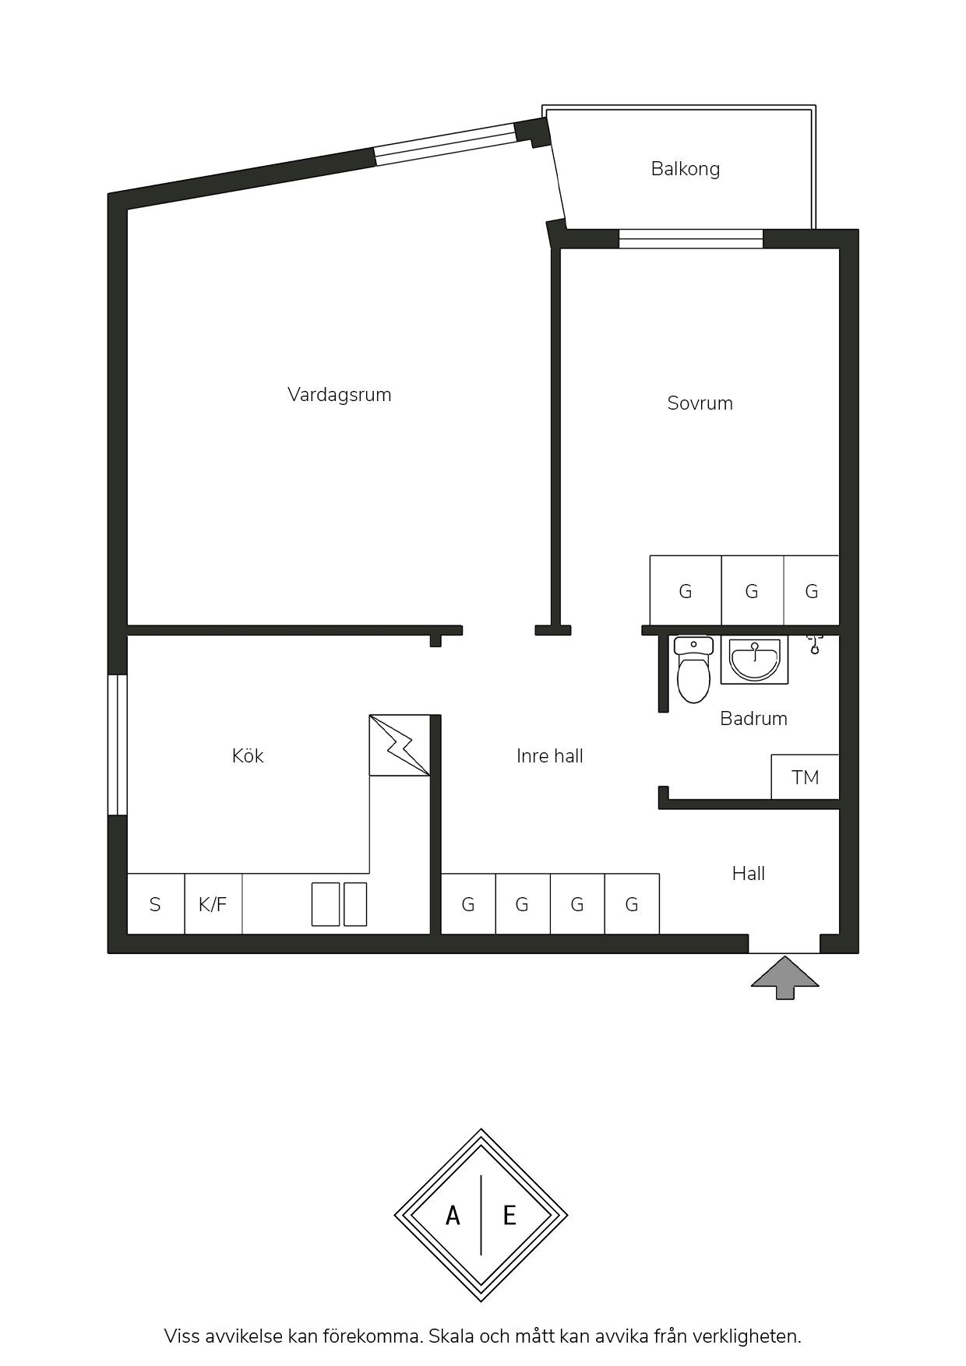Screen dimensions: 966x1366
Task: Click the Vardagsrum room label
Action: point(339,395)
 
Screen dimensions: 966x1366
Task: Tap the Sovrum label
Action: point(700,403)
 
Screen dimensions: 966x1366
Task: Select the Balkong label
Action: point(686,169)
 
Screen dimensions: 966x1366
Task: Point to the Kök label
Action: point(248,755)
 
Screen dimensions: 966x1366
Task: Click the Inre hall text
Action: point(550,755)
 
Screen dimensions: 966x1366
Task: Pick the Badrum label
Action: point(753,718)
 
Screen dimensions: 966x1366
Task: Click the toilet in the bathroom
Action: point(693,670)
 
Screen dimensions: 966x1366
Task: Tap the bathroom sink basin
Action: point(754,660)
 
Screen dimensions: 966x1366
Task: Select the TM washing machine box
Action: point(805,776)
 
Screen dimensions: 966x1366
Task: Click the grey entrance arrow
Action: point(785,977)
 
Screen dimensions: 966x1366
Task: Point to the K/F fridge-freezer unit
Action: point(213,903)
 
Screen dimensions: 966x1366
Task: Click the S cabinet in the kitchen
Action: point(155,903)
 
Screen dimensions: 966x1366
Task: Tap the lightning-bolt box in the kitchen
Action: point(400,745)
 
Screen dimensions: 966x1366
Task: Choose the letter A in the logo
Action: point(453,1215)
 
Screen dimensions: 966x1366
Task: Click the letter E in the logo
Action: point(509,1215)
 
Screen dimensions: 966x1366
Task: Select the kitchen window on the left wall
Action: point(117,745)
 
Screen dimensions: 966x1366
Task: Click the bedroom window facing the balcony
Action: point(691,238)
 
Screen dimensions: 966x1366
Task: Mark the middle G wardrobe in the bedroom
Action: point(752,590)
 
